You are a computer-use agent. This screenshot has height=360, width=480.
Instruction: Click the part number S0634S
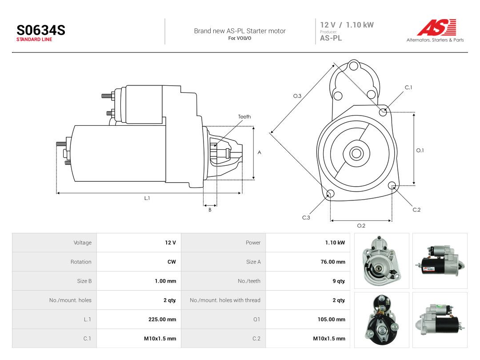coord(41,30)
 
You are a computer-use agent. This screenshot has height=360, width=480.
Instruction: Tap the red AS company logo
coord(436,27)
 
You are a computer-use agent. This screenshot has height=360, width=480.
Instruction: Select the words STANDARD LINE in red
coord(34,40)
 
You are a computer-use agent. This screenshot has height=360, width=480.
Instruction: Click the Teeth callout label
coord(244,116)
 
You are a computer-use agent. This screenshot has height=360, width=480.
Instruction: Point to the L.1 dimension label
coord(147,198)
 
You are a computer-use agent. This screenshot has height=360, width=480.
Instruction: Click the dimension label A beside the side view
coord(259,152)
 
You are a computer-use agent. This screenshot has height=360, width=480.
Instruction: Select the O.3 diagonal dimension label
coord(297,96)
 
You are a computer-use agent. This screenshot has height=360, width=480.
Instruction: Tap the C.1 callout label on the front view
coord(408,88)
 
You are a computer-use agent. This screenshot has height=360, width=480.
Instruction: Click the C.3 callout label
coord(306,218)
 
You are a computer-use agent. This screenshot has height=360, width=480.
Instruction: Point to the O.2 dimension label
coord(361,226)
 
